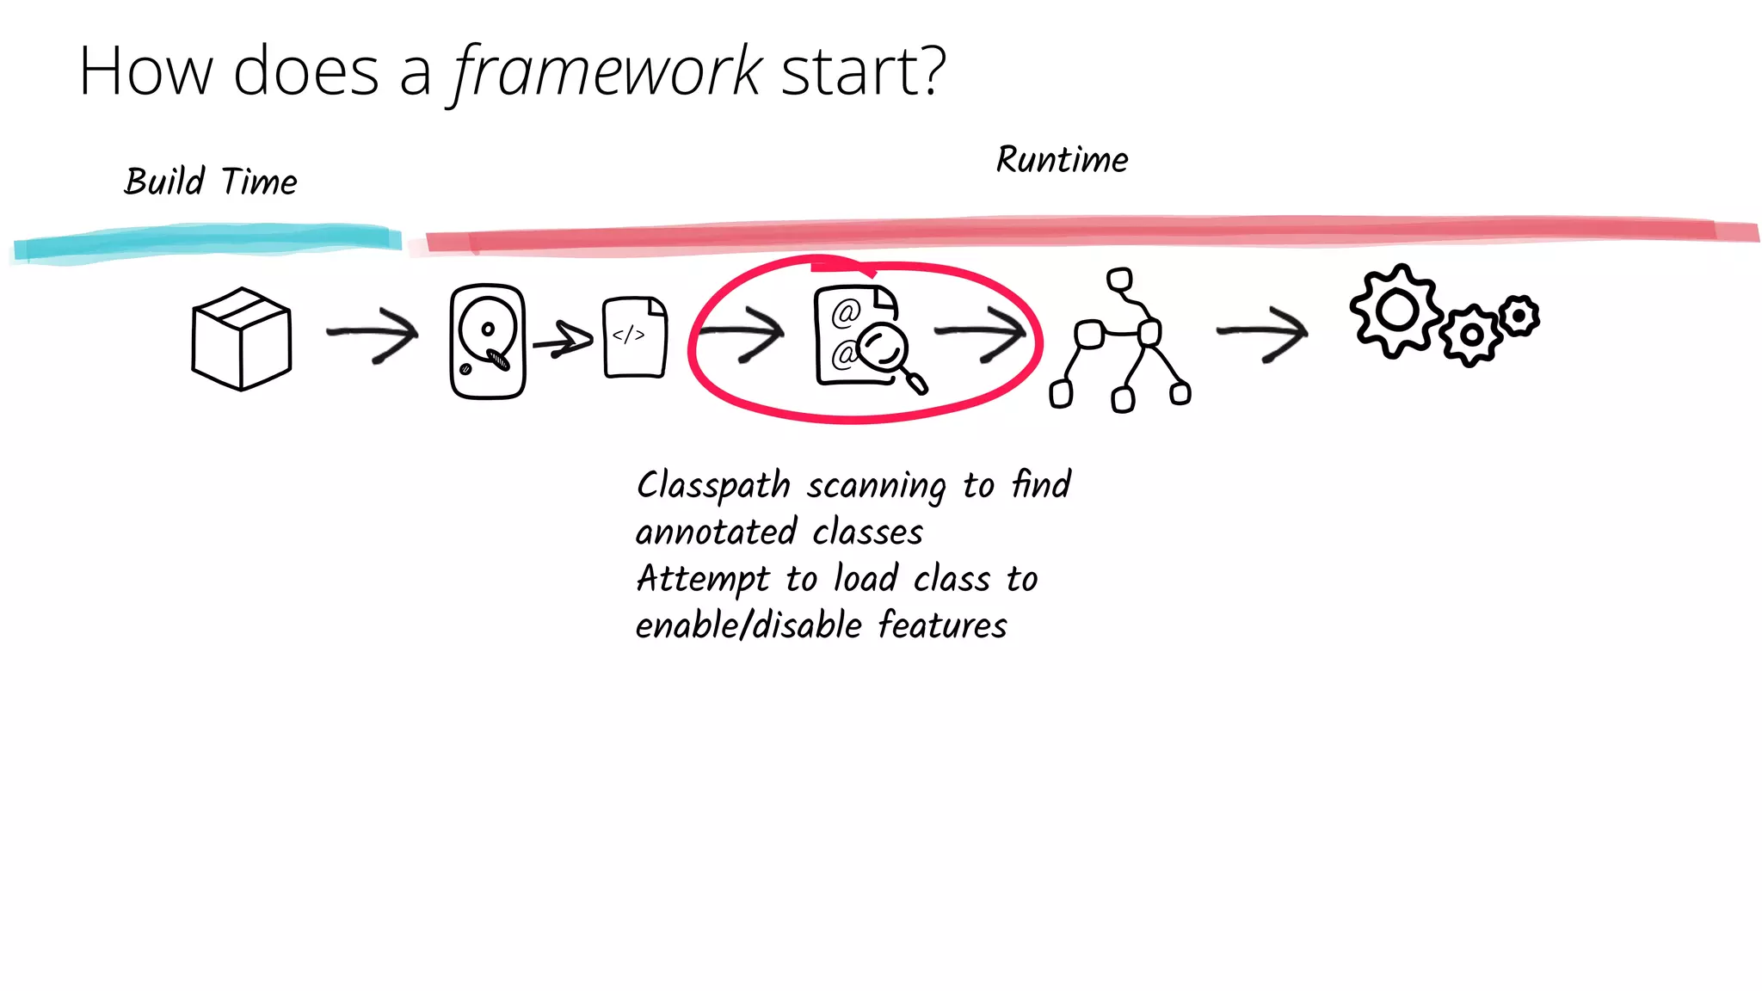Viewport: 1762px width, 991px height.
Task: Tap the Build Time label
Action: pos(211,182)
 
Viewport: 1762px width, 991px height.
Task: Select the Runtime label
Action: pos(1062,160)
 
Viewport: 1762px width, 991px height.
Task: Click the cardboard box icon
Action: pos(242,339)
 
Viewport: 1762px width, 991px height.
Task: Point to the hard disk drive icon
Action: pos(487,342)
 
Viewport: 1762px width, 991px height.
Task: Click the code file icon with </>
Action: pos(635,337)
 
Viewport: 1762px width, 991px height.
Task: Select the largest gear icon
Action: pos(1396,311)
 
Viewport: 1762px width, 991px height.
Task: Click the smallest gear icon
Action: pos(1519,316)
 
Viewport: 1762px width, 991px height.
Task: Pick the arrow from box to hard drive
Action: pos(373,333)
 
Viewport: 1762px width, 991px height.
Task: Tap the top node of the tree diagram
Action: pos(1119,280)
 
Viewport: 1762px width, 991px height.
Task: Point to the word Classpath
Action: pos(712,486)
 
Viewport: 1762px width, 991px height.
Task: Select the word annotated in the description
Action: pos(716,532)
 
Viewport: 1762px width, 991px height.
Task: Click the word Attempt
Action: pos(702,579)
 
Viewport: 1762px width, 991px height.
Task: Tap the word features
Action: pos(942,625)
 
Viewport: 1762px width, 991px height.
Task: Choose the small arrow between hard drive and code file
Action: pos(563,340)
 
